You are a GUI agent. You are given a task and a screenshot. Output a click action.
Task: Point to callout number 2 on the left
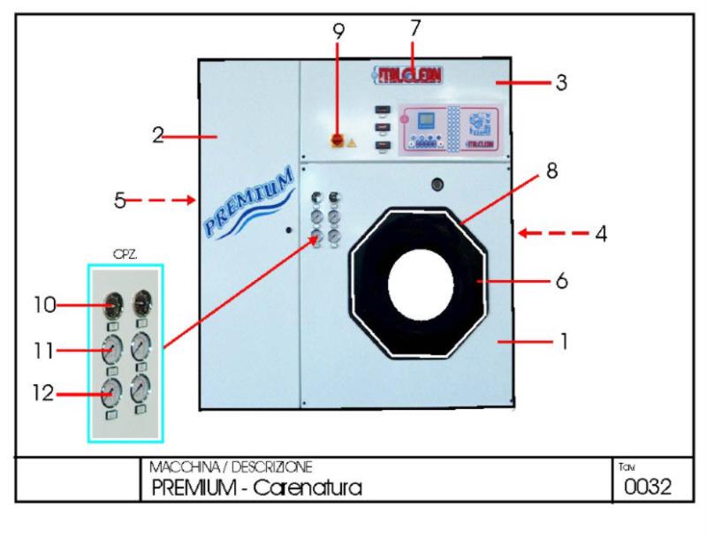158,135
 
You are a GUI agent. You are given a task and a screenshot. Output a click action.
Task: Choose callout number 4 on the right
600,235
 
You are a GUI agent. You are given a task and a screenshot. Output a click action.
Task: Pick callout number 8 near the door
551,171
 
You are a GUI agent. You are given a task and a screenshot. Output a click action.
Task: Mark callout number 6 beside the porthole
562,282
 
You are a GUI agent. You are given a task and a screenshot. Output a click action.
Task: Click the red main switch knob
337,140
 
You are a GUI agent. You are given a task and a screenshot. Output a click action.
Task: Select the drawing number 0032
647,487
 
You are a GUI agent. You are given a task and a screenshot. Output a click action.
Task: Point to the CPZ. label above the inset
123,254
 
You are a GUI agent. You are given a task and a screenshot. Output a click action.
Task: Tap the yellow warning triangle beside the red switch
352,141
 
